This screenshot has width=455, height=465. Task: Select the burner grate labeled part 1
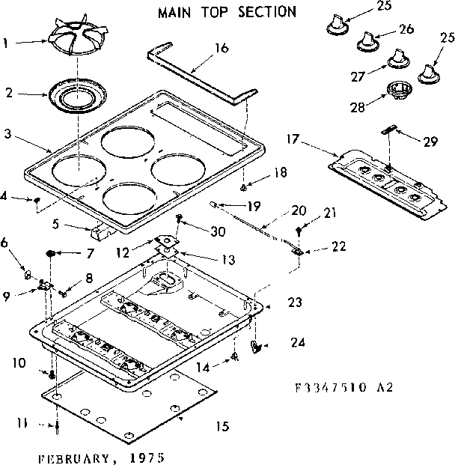click(77, 46)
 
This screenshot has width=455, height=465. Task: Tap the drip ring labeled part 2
click(77, 97)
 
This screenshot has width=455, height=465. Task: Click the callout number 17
click(293, 139)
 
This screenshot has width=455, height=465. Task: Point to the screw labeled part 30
click(178, 219)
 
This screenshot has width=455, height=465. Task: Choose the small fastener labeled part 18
click(245, 180)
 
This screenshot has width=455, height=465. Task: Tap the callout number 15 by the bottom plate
click(222, 427)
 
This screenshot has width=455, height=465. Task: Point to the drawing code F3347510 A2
click(343, 388)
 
